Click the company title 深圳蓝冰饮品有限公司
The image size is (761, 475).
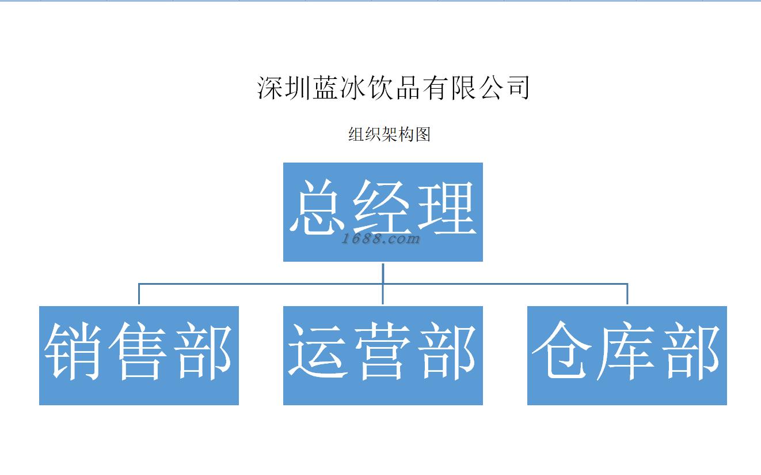pos(393,88)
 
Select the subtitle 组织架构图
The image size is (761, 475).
pos(389,135)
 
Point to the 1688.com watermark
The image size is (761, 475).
pos(380,239)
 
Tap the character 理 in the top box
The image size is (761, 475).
pos(448,208)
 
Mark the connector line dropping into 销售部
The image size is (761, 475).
pos(139,294)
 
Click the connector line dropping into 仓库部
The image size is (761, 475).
pos(627,294)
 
